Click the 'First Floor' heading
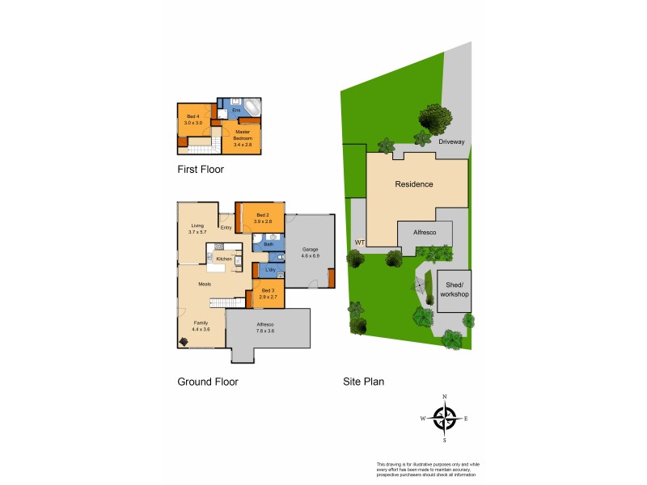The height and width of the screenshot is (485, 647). click(x=201, y=170)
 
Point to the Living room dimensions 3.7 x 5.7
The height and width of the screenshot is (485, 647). click(x=197, y=232)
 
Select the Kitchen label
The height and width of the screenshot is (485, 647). click(x=224, y=259)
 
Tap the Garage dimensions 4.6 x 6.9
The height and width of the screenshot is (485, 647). click(x=311, y=255)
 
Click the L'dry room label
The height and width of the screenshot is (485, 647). click(x=270, y=269)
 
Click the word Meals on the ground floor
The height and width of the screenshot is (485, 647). click(x=205, y=284)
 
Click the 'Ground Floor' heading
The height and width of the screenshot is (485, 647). click(x=207, y=382)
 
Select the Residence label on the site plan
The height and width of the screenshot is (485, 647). click(x=413, y=184)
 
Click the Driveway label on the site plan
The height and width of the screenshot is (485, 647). click(x=453, y=141)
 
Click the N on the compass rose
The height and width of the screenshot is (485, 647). click(x=444, y=397)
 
